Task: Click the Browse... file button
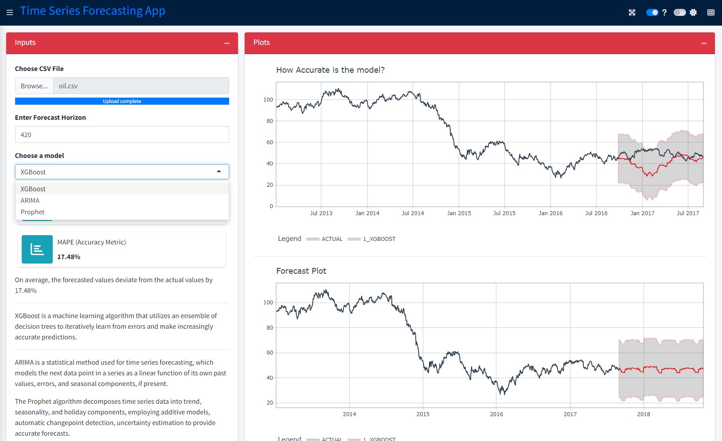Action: click(x=34, y=86)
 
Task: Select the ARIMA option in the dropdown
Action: click(x=30, y=201)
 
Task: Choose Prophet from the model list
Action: click(x=33, y=212)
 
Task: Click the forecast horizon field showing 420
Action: click(x=122, y=135)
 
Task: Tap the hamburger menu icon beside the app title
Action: click(x=10, y=12)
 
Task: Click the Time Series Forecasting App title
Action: click(x=93, y=11)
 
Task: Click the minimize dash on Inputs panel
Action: click(x=226, y=43)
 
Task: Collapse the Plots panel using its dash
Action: click(x=703, y=43)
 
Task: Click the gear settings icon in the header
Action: click(x=693, y=12)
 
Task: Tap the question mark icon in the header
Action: click(x=664, y=12)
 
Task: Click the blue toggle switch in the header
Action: click(x=652, y=12)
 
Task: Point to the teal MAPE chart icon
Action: click(x=37, y=249)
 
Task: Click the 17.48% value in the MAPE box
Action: click(x=69, y=257)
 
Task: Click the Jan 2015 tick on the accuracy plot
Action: click(x=459, y=213)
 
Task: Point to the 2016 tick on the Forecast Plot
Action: click(x=496, y=414)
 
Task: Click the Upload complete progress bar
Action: click(x=122, y=101)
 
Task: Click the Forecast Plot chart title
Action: click(x=301, y=271)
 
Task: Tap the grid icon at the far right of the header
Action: click(x=710, y=12)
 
